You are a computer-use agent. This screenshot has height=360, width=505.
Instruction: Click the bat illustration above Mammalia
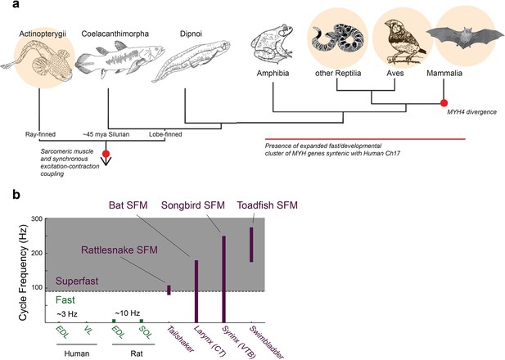tap(466, 36)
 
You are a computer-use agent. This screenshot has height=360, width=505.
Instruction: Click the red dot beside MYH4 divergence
tap(444, 103)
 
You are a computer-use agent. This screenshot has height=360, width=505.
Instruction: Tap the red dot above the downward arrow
tap(106, 154)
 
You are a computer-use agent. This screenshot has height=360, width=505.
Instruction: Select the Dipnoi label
tap(191, 34)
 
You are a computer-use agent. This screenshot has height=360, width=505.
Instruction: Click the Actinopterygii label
tap(43, 34)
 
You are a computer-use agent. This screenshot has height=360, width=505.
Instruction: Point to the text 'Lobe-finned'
tap(165, 134)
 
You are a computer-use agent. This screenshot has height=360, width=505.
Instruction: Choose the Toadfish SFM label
tap(268, 205)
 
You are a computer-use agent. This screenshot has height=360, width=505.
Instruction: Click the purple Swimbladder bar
tap(251, 245)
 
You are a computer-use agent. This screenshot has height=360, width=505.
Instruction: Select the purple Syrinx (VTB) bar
tap(224, 279)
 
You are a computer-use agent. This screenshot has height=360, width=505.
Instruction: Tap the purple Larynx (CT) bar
tap(196, 291)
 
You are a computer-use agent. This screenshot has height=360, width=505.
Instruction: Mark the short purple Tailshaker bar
tap(169, 290)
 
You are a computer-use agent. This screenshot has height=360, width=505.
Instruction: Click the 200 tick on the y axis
tap(37, 253)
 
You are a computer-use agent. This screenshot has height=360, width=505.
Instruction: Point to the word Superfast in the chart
tap(77, 281)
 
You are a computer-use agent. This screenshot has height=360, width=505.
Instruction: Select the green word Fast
tap(65, 300)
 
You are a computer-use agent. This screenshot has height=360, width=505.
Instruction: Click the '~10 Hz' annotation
tap(128, 313)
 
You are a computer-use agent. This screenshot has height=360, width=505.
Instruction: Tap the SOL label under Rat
tap(145, 332)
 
